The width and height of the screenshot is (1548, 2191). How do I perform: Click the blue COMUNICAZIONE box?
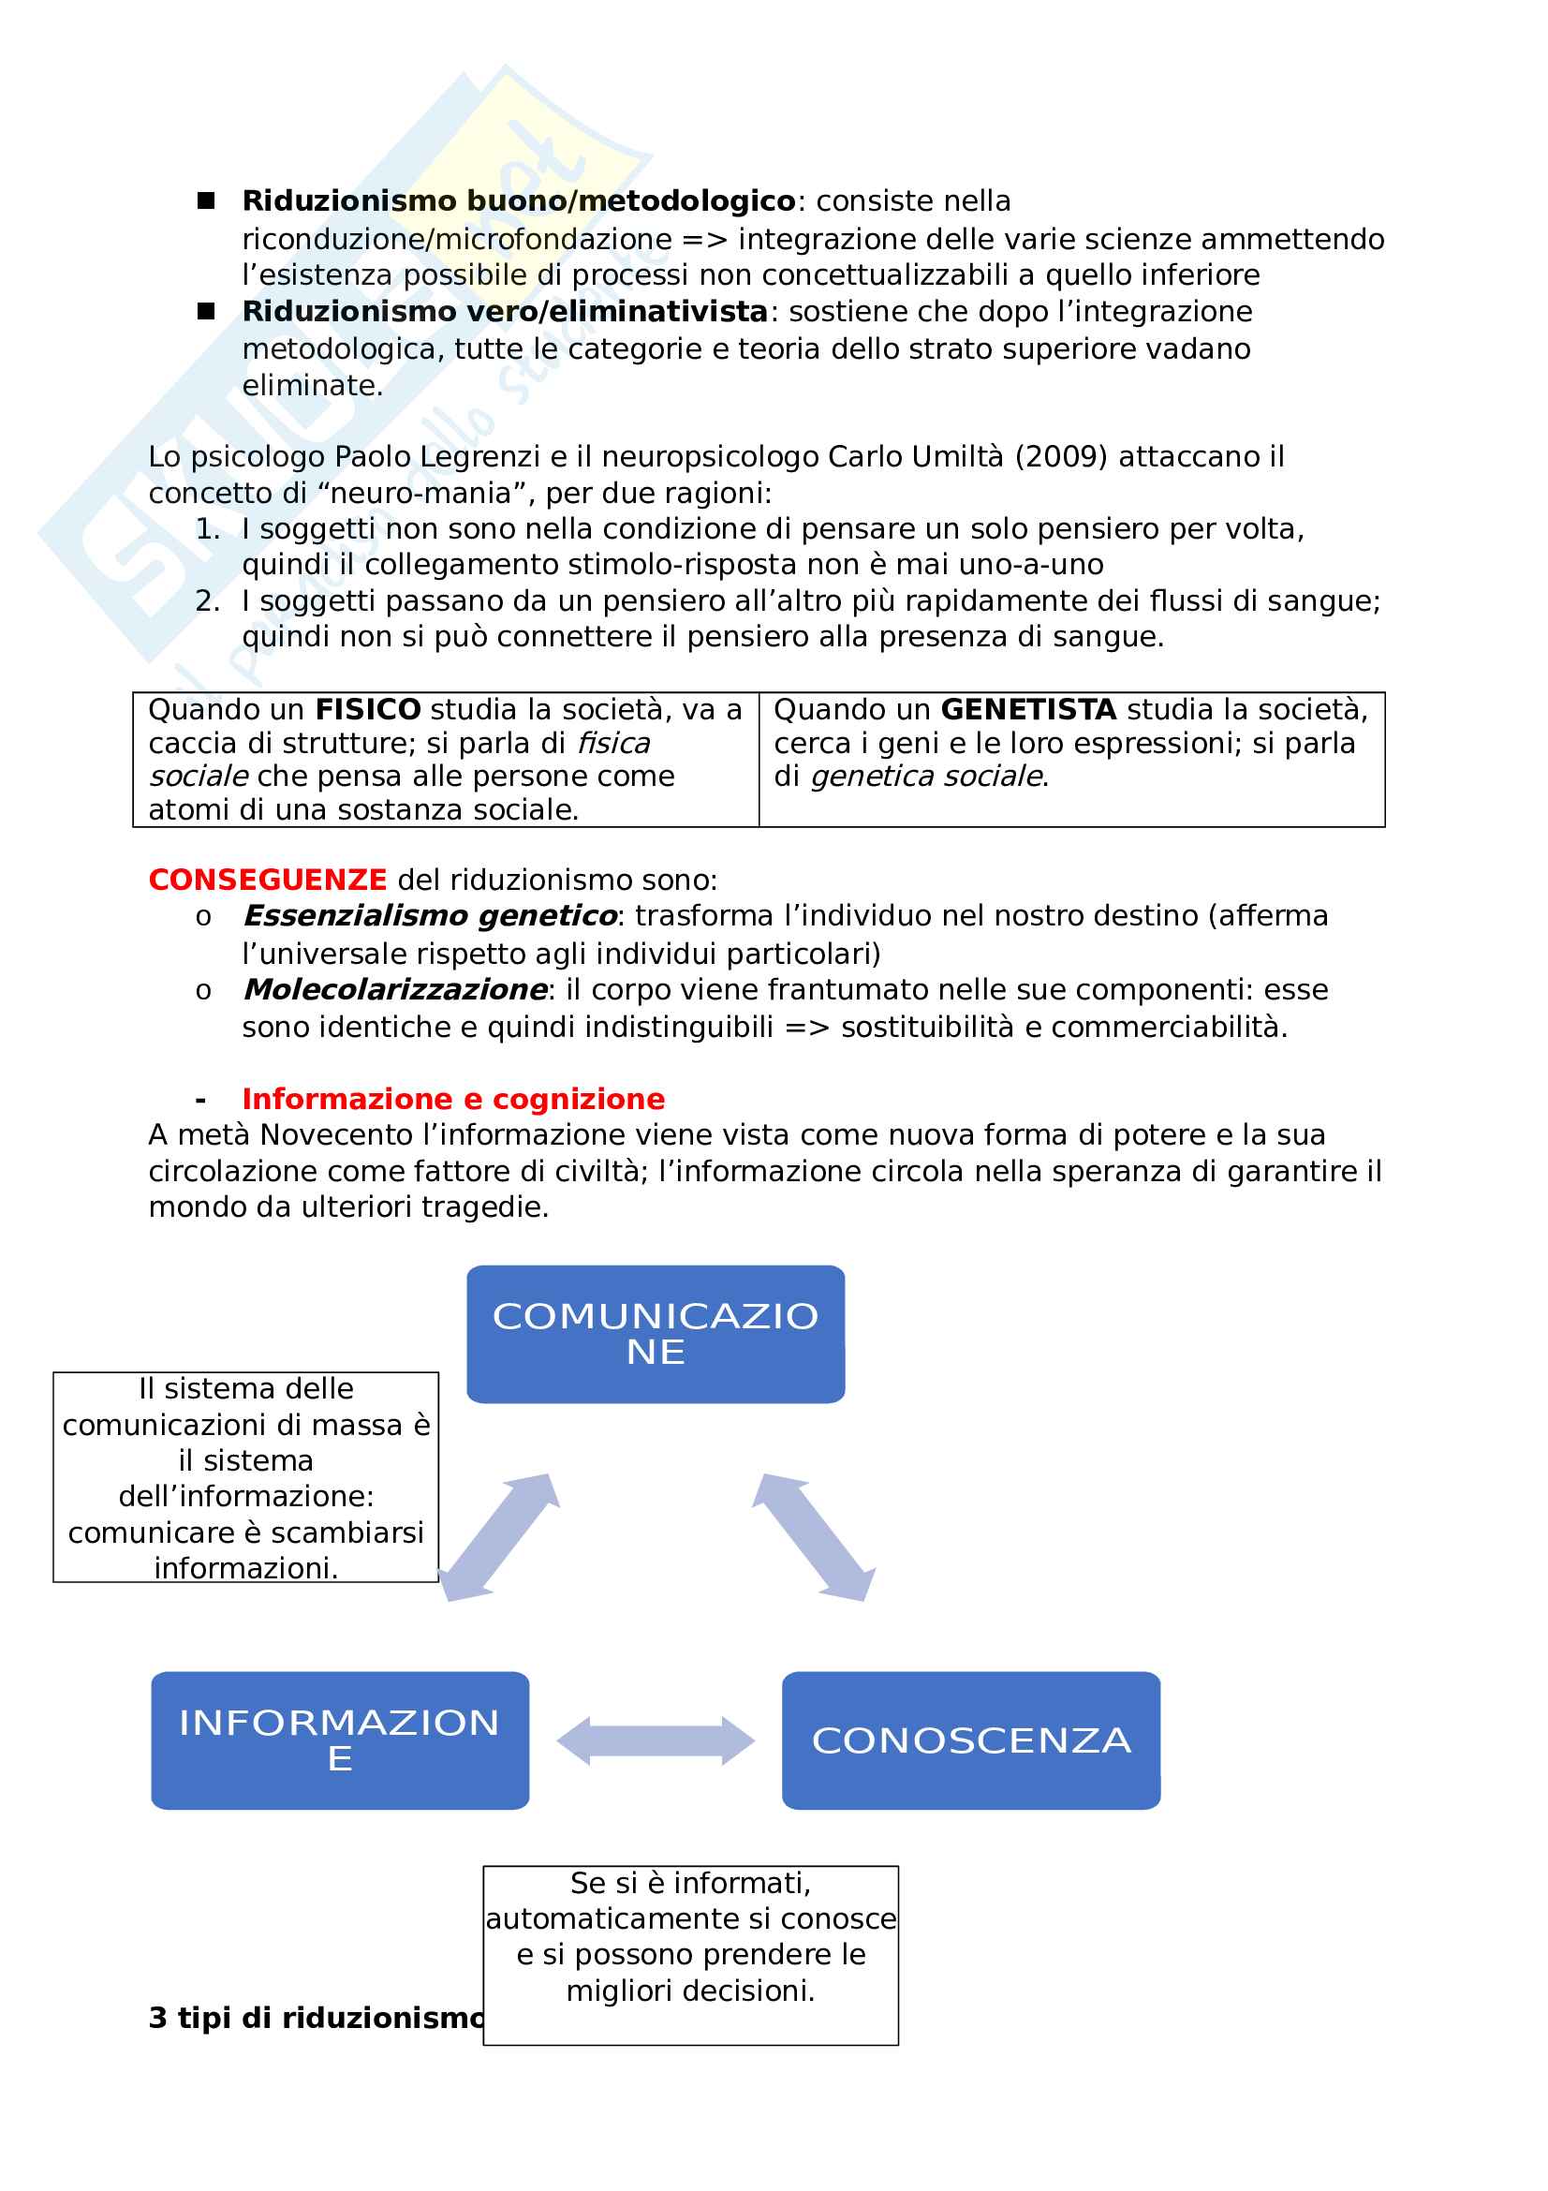[x=656, y=1334]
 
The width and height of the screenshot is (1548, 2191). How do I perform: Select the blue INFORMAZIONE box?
[x=340, y=1740]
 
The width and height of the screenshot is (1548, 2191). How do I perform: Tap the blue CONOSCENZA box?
[x=971, y=1740]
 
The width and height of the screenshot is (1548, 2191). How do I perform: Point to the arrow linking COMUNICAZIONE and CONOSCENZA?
[x=814, y=1537]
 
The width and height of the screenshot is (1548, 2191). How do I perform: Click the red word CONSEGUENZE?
[x=267, y=880]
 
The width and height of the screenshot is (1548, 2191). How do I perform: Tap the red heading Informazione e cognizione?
[x=453, y=1100]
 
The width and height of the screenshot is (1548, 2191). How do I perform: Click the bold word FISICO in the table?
[x=368, y=710]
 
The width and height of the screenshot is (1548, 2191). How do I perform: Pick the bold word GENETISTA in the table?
[x=1028, y=710]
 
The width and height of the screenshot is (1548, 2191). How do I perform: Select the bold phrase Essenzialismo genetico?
[x=430, y=916]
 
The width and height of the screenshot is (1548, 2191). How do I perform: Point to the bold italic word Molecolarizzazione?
[x=395, y=989]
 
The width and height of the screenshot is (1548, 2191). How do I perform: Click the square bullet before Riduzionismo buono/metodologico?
[x=206, y=200]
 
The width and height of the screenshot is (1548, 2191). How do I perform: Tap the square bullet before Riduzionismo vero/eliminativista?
[x=206, y=311]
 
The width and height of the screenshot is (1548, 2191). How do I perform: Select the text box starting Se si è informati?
[x=690, y=1954]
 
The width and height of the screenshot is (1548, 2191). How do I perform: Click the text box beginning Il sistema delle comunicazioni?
[x=246, y=1478]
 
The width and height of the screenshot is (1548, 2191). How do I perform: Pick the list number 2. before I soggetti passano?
[x=207, y=601]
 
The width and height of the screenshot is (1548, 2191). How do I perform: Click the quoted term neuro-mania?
[x=398, y=494]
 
